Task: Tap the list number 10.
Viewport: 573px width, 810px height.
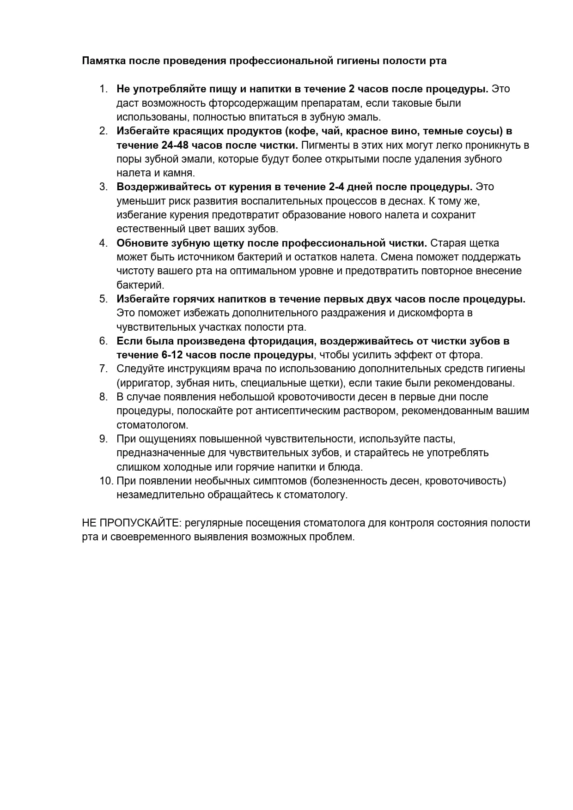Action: point(106,481)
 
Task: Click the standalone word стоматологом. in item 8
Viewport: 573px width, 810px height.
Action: point(152,425)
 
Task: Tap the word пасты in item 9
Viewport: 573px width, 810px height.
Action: point(442,439)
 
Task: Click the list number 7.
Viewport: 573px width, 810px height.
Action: point(104,369)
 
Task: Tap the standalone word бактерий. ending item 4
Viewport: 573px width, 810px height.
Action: point(140,285)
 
